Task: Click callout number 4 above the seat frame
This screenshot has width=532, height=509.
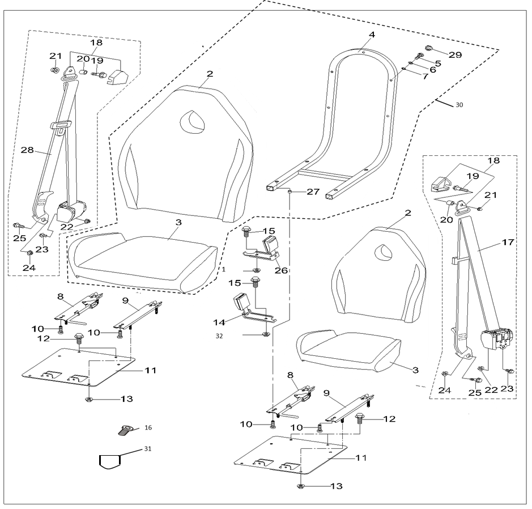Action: coord(372,35)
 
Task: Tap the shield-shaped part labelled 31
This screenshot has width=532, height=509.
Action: coord(110,460)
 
